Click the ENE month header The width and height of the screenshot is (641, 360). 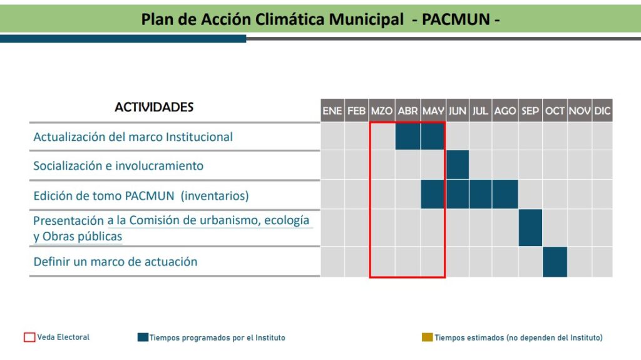tap(332, 111)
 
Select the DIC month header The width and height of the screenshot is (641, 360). tap(603, 111)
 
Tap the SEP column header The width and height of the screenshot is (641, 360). tap(530, 111)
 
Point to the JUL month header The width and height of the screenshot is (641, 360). tap(480, 111)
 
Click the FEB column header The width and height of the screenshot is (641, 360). tap(356, 111)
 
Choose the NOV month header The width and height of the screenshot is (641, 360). tap(580, 111)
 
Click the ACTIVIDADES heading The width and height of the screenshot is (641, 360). tap(154, 107)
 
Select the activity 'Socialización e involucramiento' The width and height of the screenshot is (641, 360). tap(118, 166)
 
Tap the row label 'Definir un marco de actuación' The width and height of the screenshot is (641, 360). tap(115, 262)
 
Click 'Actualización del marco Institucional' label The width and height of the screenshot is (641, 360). tap(133, 136)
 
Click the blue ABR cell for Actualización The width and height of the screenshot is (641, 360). tap(408, 136)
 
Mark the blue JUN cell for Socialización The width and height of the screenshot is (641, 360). tap(458, 165)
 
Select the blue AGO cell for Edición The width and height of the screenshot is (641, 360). tap(505, 194)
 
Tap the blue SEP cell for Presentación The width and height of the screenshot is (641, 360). tap(530, 228)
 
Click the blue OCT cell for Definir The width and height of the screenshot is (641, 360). tap(555, 262)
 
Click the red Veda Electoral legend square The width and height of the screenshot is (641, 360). tap(29, 337)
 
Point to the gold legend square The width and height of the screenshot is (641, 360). tap(427, 337)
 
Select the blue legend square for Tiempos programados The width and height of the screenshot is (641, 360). tap(143, 337)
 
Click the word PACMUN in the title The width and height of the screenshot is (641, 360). tap(456, 19)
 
